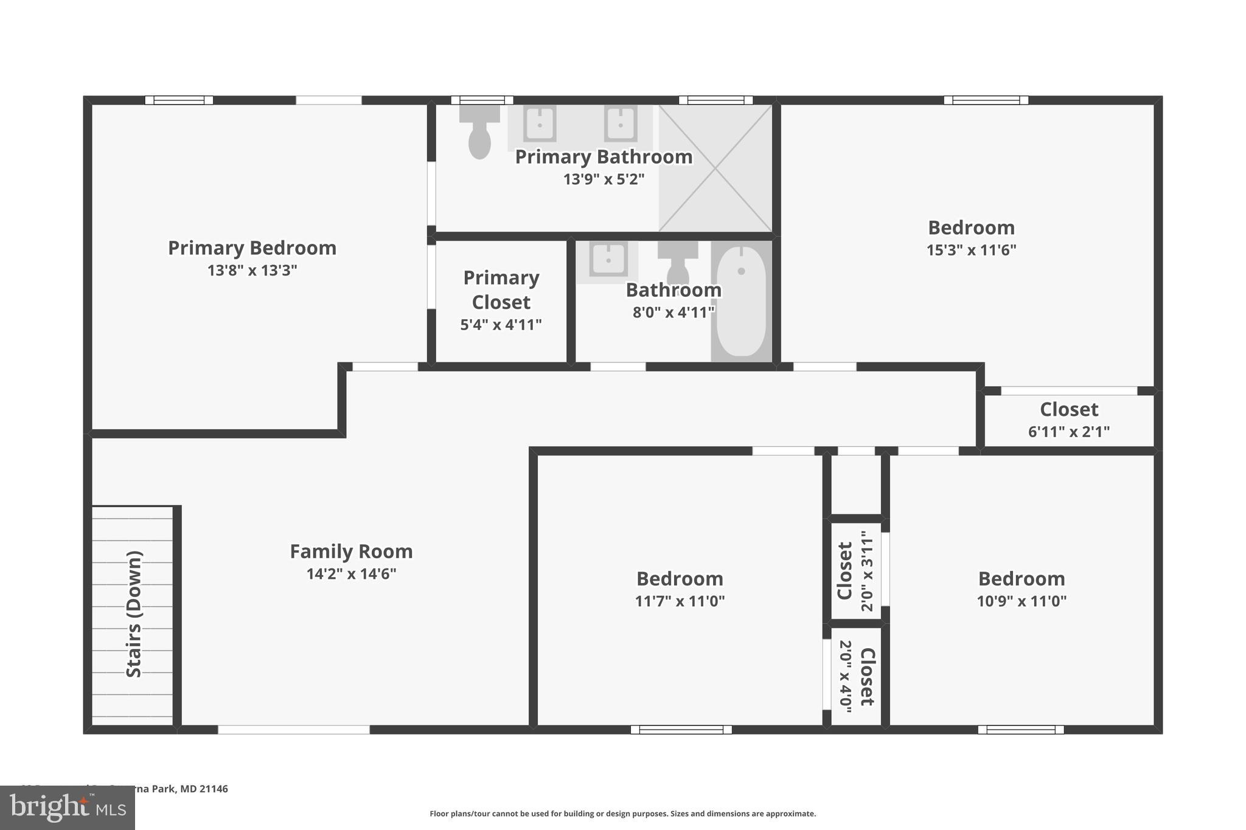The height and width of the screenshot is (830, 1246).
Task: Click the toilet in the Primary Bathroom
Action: (x=479, y=133)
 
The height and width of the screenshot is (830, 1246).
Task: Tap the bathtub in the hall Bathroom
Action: (x=741, y=300)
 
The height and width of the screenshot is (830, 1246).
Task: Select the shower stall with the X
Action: (x=715, y=168)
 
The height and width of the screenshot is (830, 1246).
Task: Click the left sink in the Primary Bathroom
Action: (x=540, y=123)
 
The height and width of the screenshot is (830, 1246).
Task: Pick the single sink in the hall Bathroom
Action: (x=608, y=260)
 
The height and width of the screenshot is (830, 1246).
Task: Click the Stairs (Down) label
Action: (x=134, y=614)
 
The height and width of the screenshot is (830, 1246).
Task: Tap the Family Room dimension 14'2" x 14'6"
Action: (x=351, y=573)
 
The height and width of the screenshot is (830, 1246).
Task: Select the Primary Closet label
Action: (x=501, y=290)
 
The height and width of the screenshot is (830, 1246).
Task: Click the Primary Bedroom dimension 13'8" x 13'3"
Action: (x=252, y=270)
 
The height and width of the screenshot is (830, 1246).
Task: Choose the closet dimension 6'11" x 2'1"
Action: (x=1068, y=432)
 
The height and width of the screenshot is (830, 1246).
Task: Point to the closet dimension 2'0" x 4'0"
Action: (x=846, y=676)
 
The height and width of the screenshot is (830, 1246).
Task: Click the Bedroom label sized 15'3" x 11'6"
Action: (x=971, y=228)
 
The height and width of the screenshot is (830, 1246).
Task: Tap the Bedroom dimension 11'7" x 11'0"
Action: (x=680, y=601)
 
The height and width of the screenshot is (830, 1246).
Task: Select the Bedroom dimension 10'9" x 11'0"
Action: (x=1022, y=601)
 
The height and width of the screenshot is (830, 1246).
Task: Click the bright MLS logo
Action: (x=68, y=808)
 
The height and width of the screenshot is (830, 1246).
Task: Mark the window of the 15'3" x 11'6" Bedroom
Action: (x=986, y=100)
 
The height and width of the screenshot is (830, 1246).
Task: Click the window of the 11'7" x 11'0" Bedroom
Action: (x=681, y=730)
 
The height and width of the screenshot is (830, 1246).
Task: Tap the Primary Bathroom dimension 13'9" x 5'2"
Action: (x=604, y=179)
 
